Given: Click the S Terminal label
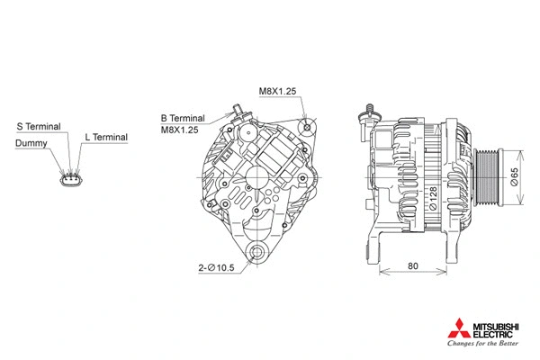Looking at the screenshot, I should [38, 126].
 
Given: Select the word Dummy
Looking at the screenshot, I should [31, 143].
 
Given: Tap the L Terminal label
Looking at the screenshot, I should [106, 137].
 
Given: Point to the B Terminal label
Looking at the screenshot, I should [183, 118].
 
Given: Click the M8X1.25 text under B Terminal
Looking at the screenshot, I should [179, 130].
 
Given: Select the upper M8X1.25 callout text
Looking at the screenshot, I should [277, 92].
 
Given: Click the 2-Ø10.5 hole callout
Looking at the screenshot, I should [218, 266].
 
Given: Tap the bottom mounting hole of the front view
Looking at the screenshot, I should [259, 253].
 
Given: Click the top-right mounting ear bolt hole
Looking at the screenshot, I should [309, 127].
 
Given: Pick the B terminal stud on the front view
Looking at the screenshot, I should [238, 111].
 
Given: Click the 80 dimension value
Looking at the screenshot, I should [412, 266].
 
